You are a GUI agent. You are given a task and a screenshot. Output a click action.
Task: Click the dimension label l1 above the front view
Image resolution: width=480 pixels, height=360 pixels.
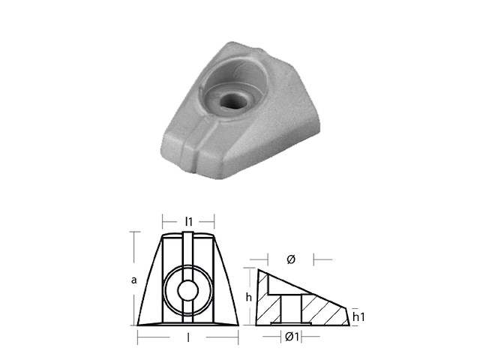[189, 221]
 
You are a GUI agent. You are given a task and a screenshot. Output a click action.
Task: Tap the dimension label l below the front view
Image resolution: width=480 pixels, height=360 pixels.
[188, 339]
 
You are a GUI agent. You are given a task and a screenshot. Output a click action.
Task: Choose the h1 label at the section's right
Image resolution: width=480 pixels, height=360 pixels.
[360, 317]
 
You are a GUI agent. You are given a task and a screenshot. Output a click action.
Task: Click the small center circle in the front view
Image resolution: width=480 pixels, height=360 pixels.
[188, 289]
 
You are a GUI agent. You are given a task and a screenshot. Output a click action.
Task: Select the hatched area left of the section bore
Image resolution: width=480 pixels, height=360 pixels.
[267, 304]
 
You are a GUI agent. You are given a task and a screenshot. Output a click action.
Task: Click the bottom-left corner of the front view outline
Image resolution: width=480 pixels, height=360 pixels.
[136, 325]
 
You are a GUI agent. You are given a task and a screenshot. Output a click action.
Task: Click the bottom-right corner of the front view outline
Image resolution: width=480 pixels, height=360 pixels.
[240, 325]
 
